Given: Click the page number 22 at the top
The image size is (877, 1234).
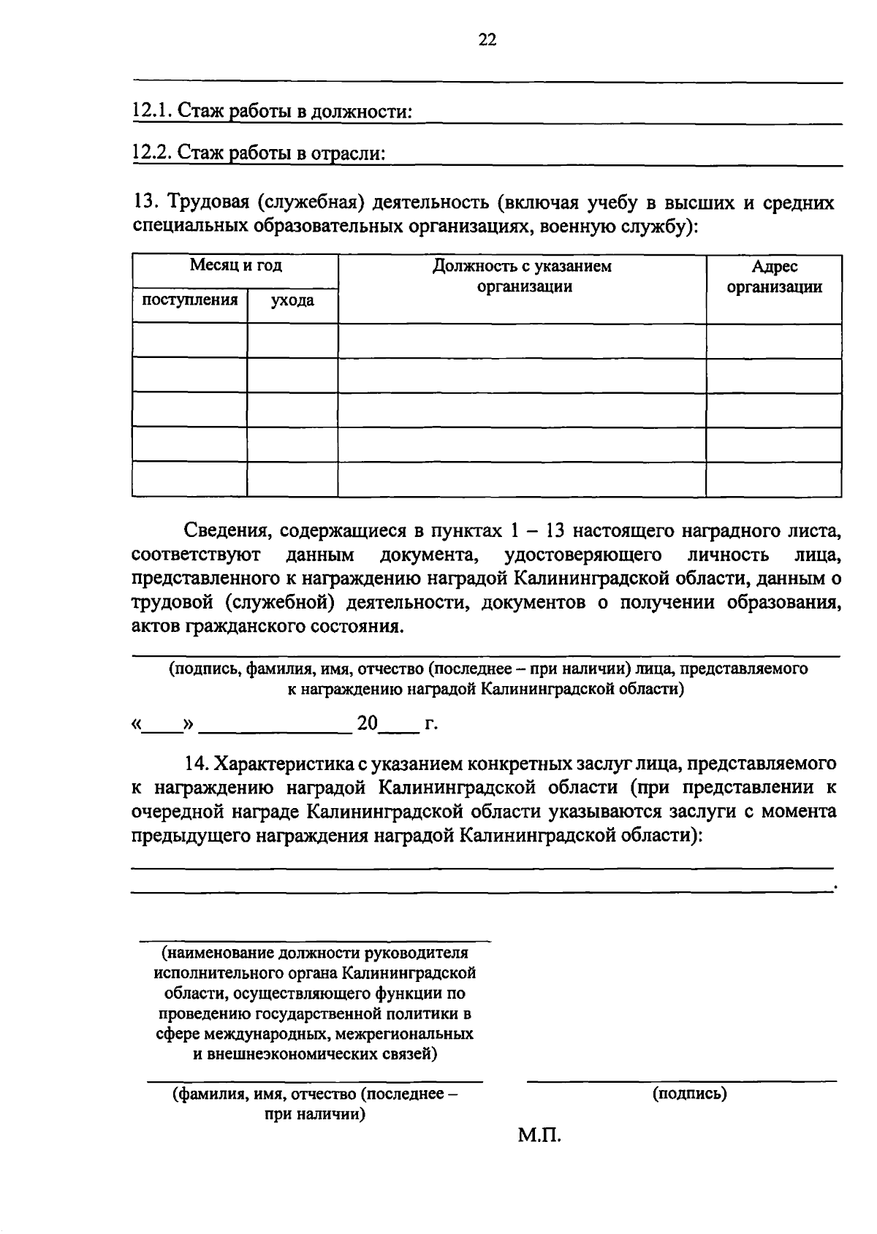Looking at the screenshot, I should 487,40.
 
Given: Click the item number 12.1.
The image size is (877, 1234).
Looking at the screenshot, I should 151,112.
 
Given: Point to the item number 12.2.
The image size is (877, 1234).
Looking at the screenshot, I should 151,153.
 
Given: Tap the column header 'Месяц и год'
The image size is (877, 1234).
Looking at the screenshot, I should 235,267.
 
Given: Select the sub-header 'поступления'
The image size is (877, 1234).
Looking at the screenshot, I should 189,300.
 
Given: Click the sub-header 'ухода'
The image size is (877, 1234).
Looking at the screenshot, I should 292,300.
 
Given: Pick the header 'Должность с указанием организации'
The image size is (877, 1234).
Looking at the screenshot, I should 522,276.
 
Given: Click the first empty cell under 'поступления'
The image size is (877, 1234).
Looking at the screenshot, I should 189,340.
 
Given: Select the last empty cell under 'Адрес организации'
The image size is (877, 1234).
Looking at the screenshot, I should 774,479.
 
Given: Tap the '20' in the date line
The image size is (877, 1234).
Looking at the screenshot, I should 367,724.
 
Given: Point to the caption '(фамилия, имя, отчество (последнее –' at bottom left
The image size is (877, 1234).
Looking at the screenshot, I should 316,1094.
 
